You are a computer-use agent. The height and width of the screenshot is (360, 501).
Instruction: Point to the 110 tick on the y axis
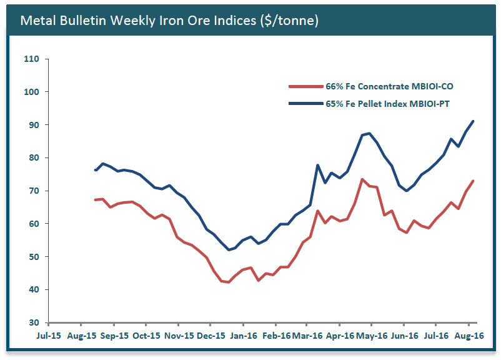click(x=31, y=59)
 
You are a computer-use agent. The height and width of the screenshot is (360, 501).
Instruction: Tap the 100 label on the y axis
click(x=31, y=92)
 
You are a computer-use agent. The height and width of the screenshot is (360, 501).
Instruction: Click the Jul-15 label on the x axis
click(x=49, y=336)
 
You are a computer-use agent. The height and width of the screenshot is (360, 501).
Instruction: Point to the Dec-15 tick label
click(x=211, y=336)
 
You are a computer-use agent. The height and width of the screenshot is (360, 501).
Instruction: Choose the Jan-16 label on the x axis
click(x=243, y=336)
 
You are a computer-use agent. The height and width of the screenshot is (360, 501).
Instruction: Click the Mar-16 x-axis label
click(x=307, y=336)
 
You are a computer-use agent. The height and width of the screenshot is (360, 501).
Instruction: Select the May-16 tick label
click(x=372, y=336)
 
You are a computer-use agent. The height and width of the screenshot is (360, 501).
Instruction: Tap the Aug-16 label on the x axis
click(x=469, y=336)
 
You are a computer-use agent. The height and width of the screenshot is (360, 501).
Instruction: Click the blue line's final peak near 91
click(x=473, y=121)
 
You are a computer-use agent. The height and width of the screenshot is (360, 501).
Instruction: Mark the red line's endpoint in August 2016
click(x=473, y=181)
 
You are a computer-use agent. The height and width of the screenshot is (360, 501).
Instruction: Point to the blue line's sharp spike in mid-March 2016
click(x=318, y=165)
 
